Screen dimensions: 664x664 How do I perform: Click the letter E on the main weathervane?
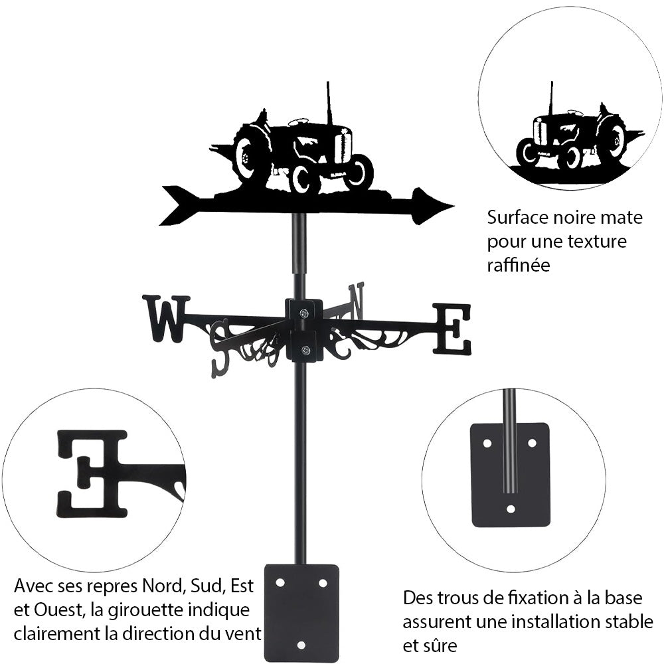[x=452, y=329]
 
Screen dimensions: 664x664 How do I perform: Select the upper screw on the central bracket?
[x=303, y=313]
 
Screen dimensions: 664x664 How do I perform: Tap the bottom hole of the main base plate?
[x=301, y=645]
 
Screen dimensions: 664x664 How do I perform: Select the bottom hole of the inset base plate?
[x=510, y=509]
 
